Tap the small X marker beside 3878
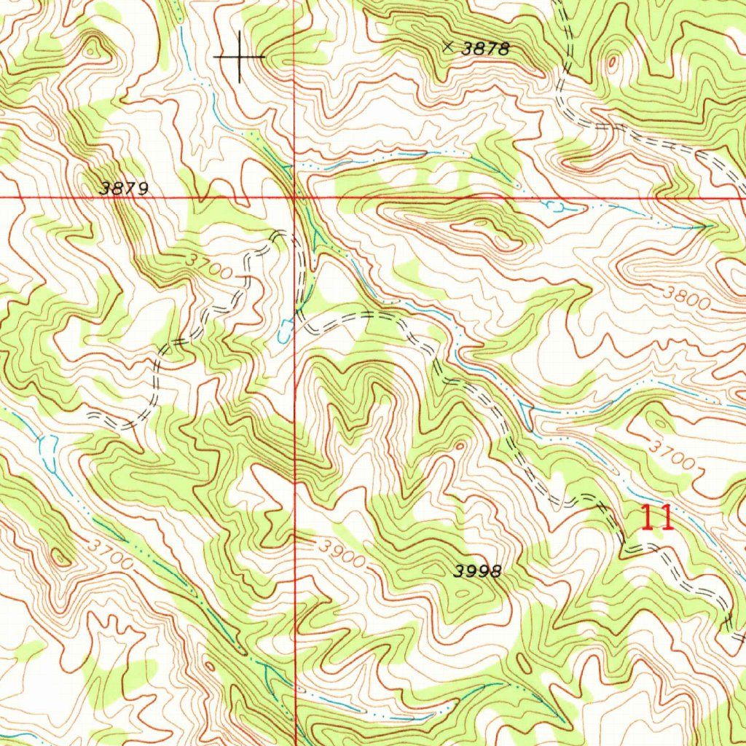click(x=448, y=47)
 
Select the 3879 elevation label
click(x=125, y=188)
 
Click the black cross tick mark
click(x=240, y=56)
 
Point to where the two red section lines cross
click(x=294, y=197)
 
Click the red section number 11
click(x=656, y=518)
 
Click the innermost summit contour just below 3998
click(x=461, y=594)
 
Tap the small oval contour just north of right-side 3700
click(x=659, y=422)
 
